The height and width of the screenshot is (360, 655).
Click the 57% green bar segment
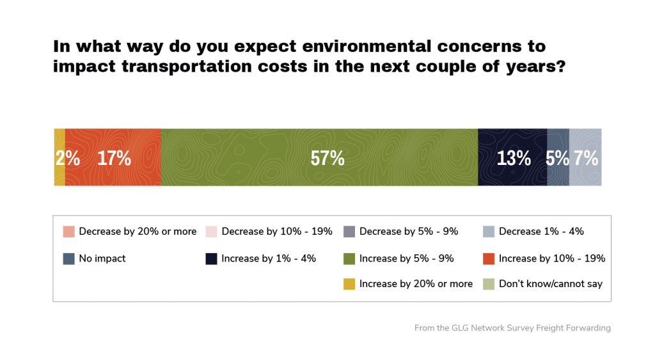[319, 157]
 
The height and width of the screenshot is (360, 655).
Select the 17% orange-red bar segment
[113, 157]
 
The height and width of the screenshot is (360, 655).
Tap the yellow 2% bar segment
[59, 157]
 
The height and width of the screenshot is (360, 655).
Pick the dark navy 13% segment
[512, 157]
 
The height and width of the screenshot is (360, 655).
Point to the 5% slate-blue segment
[558, 157]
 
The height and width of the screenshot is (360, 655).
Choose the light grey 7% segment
[585, 157]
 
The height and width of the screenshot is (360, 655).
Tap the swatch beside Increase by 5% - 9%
[349, 258]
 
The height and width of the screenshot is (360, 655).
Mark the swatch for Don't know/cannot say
[489, 284]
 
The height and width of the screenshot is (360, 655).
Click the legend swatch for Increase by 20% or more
[349, 284]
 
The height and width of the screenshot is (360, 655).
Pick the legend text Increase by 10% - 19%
[552, 258]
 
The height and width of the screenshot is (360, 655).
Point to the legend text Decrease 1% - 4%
[541, 231]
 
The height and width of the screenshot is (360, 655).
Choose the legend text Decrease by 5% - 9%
[409, 231]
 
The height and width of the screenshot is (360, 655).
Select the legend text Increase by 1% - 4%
[269, 258]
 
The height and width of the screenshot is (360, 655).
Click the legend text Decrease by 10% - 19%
[277, 231]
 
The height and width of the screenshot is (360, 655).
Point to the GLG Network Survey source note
[512, 328]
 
